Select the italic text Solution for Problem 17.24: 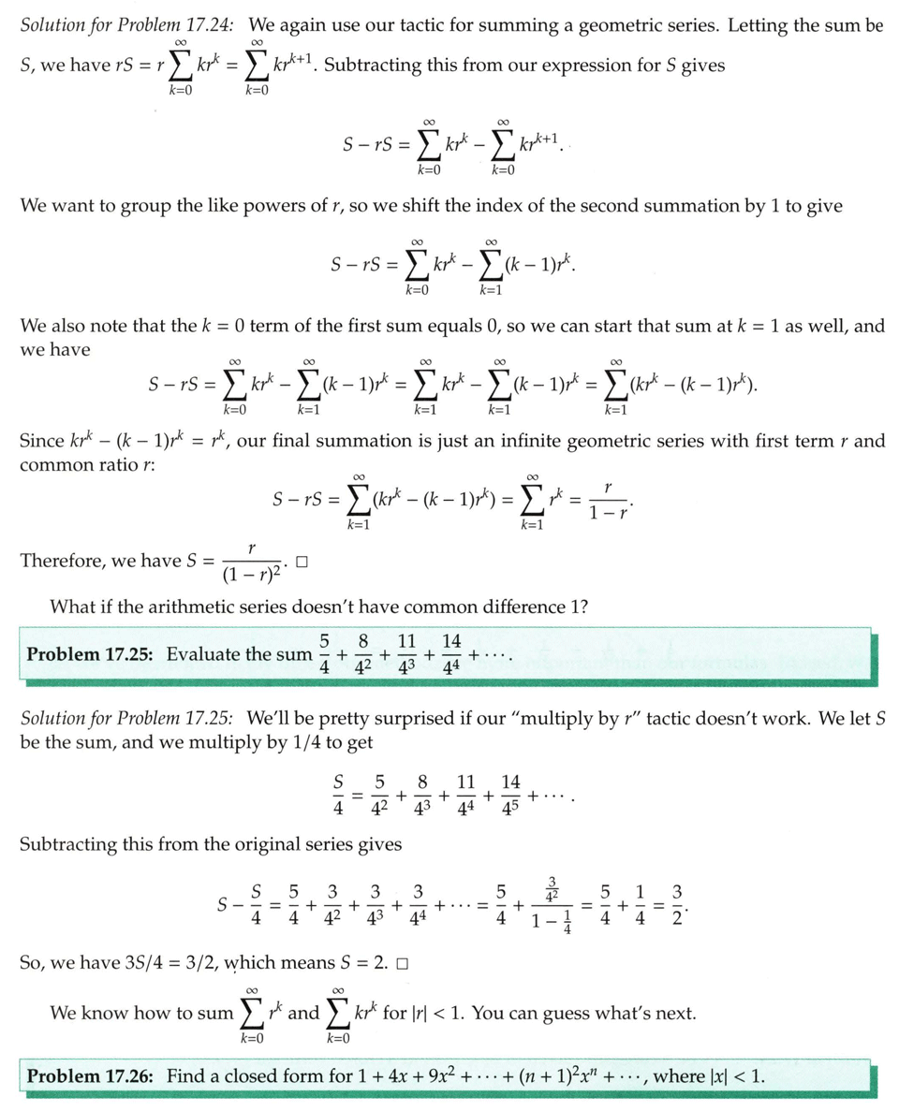tap(130, 25)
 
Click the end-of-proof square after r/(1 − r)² tap(302, 563)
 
